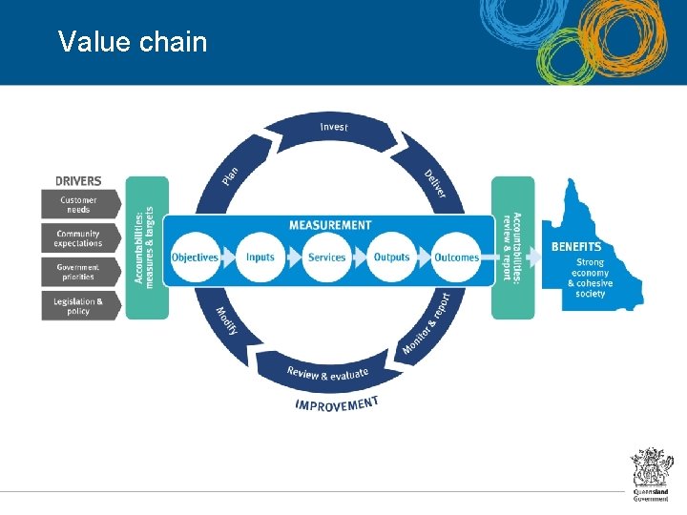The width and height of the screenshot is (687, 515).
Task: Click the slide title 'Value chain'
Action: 132,42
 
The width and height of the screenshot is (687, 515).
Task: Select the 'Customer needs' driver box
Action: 79,204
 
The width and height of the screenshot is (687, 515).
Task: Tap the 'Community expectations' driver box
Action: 79,238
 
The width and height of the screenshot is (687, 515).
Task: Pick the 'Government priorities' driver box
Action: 79,272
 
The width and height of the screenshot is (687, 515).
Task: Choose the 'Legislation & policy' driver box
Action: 79,305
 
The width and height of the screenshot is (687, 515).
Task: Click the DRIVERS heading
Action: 78,181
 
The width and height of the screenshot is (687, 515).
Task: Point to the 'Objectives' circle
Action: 195,257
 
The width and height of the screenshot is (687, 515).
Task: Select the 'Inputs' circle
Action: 260,257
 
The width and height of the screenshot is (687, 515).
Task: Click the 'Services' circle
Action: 326,257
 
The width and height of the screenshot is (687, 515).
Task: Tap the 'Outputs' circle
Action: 391,257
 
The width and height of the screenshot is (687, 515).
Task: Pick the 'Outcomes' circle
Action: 456,257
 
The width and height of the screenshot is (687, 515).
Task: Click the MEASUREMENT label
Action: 330,225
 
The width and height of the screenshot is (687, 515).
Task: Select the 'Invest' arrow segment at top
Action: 334,129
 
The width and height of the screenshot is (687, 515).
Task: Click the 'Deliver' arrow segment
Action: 433,181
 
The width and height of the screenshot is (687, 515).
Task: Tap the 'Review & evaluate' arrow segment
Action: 328,373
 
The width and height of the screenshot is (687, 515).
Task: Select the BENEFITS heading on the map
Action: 576,247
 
